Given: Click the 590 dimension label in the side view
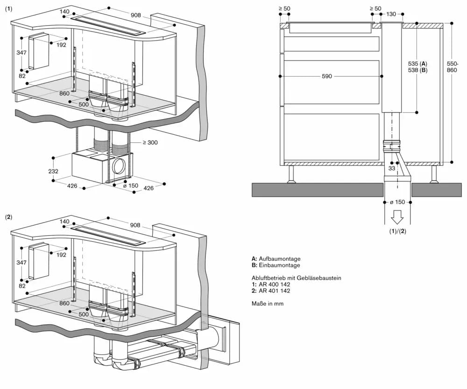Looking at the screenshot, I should click(327, 76).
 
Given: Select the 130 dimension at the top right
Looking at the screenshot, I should click(391, 14).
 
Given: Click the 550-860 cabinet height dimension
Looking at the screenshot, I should click(452, 67).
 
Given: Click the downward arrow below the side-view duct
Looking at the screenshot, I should click(398, 217).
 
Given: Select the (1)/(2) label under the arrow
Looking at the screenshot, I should click(398, 232).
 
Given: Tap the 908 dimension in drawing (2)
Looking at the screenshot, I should click(136, 226).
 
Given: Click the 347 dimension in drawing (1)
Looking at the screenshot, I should click(21, 53).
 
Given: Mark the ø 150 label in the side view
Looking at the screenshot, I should click(398, 202).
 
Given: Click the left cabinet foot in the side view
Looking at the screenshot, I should click(290, 174).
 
